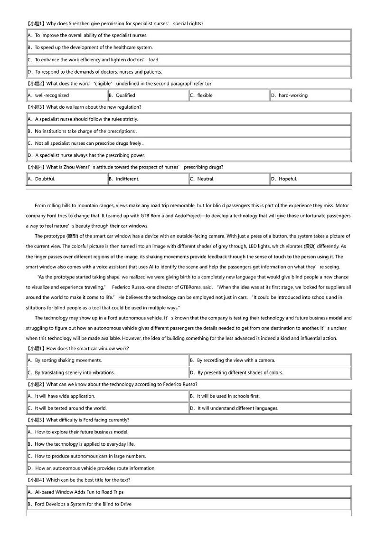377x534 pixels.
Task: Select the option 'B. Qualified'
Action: (x=122, y=95)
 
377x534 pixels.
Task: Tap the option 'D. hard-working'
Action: (x=290, y=95)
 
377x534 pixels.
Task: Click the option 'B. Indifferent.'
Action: (x=124, y=179)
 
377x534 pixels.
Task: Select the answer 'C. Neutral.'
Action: (x=202, y=179)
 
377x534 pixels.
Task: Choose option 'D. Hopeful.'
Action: (x=284, y=179)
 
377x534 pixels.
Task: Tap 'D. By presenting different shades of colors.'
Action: (x=236, y=373)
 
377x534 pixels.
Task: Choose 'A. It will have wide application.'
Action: (x=62, y=396)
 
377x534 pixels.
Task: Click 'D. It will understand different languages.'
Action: (x=235, y=408)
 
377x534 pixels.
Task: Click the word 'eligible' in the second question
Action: (x=103, y=84)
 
